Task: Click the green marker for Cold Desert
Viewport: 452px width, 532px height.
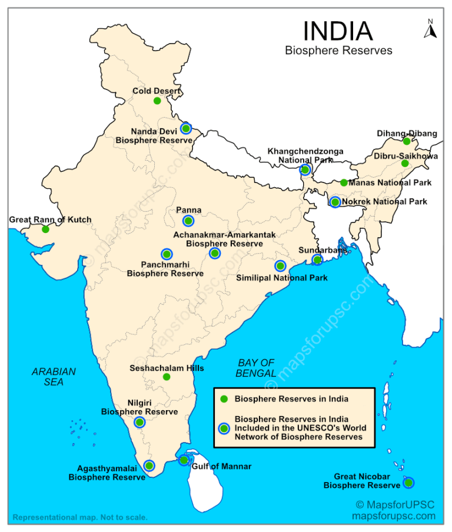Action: tap(157, 101)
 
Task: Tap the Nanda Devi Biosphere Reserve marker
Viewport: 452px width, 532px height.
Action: tap(185, 128)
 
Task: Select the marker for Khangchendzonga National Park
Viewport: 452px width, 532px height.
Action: tap(305, 170)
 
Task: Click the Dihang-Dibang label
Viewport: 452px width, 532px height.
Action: tap(407, 134)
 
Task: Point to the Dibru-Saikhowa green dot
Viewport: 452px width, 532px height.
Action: tap(404, 163)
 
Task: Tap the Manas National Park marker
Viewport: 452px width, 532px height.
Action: tap(344, 182)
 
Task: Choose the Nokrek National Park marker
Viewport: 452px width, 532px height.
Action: tap(335, 202)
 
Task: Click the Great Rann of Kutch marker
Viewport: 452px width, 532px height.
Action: tap(45, 229)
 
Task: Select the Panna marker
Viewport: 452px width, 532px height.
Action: tap(188, 221)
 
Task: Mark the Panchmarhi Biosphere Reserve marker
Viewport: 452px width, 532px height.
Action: tap(167, 254)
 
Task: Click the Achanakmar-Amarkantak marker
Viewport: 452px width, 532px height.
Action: tap(214, 254)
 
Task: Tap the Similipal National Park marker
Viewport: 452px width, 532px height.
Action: tap(280, 266)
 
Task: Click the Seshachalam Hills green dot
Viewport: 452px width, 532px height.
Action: tap(167, 377)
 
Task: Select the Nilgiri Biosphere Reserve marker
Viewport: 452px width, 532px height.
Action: tap(139, 422)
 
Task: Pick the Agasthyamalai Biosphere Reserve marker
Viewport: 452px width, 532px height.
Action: tap(149, 465)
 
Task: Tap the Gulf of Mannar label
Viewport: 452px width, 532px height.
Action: tap(221, 466)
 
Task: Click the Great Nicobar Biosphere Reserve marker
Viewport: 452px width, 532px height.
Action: tap(408, 483)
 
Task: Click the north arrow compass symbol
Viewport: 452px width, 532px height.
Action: tap(430, 29)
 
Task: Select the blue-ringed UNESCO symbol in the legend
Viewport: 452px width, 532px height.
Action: tap(223, 428)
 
